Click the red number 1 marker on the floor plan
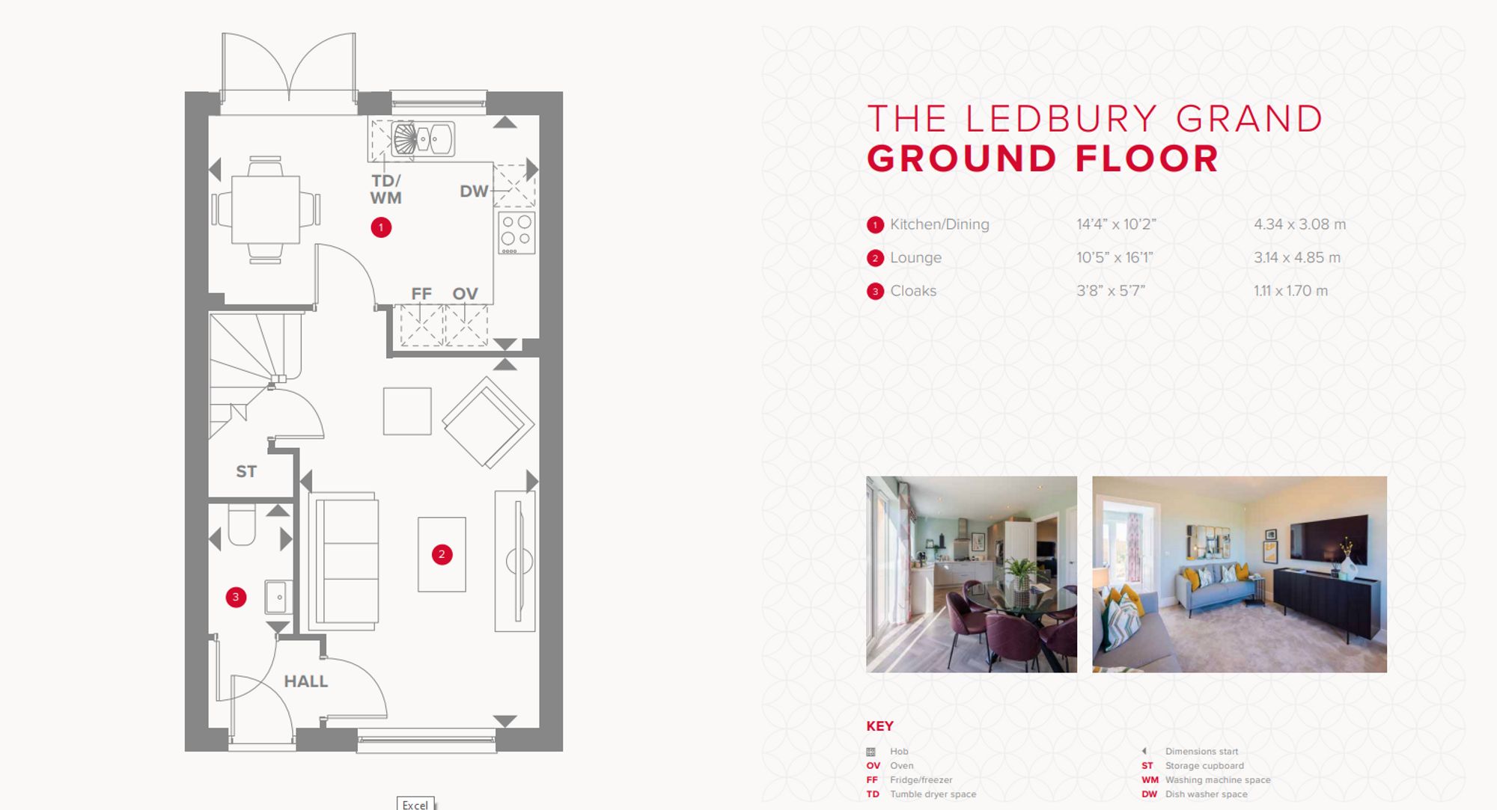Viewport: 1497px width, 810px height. pos(381,227)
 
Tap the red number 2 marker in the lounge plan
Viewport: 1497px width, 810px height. pos(442,554)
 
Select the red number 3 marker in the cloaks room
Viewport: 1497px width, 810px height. pos(236,597)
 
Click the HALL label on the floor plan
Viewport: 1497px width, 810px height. pos(305,681)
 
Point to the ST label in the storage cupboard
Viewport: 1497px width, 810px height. pos(246,471)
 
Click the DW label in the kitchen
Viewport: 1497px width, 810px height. pos(474,191)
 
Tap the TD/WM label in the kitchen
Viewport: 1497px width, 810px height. pos(386,189)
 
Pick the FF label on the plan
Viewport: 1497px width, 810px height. pos(421,294)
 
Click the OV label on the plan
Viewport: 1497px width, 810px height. pos(465,294)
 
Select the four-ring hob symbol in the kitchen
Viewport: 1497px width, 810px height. pos(516,232)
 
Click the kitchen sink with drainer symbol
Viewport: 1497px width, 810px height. pos(421,139)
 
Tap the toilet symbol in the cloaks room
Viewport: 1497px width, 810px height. pos(242,525)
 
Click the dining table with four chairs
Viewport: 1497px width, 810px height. pos(266,209)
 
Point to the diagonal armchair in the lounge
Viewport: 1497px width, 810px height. pos(488,423)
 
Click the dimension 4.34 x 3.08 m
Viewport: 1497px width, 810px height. pos(1299,224)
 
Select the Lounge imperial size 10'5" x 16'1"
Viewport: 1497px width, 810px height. pos(1115,258)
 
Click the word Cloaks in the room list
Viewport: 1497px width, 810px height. pos(913,291)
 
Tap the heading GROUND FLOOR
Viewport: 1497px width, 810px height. pos(1043,159)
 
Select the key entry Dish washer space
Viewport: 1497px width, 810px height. pos(1206,794)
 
